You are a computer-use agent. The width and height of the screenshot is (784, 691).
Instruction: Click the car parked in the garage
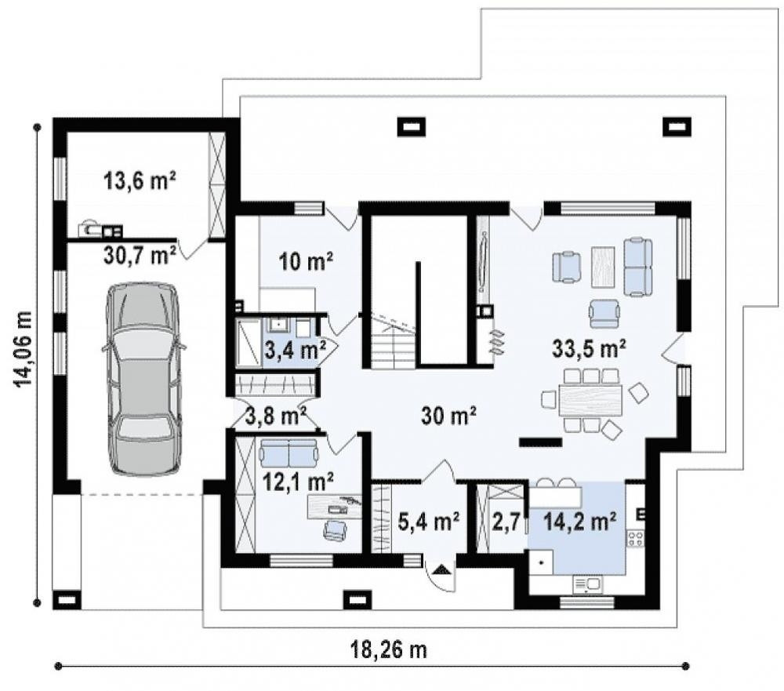(143, 378)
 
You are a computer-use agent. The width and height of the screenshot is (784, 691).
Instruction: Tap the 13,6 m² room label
(140, 180)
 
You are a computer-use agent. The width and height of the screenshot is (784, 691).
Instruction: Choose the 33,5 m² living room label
(589, 348)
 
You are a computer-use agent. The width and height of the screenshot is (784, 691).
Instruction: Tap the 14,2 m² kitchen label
(579, 522)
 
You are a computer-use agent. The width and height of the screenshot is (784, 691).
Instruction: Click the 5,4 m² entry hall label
(429, 522)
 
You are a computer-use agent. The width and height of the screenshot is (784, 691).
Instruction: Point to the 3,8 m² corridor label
(275, 415)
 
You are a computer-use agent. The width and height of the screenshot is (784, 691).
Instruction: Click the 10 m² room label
(306, 261)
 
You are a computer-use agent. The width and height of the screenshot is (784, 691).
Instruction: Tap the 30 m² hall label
(448, 415)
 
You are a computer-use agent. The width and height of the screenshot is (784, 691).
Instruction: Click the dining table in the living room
(591, 400)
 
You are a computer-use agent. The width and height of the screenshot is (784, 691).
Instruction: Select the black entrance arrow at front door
(440, 569)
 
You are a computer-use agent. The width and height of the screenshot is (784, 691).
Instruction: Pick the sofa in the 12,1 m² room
(289, 452)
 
